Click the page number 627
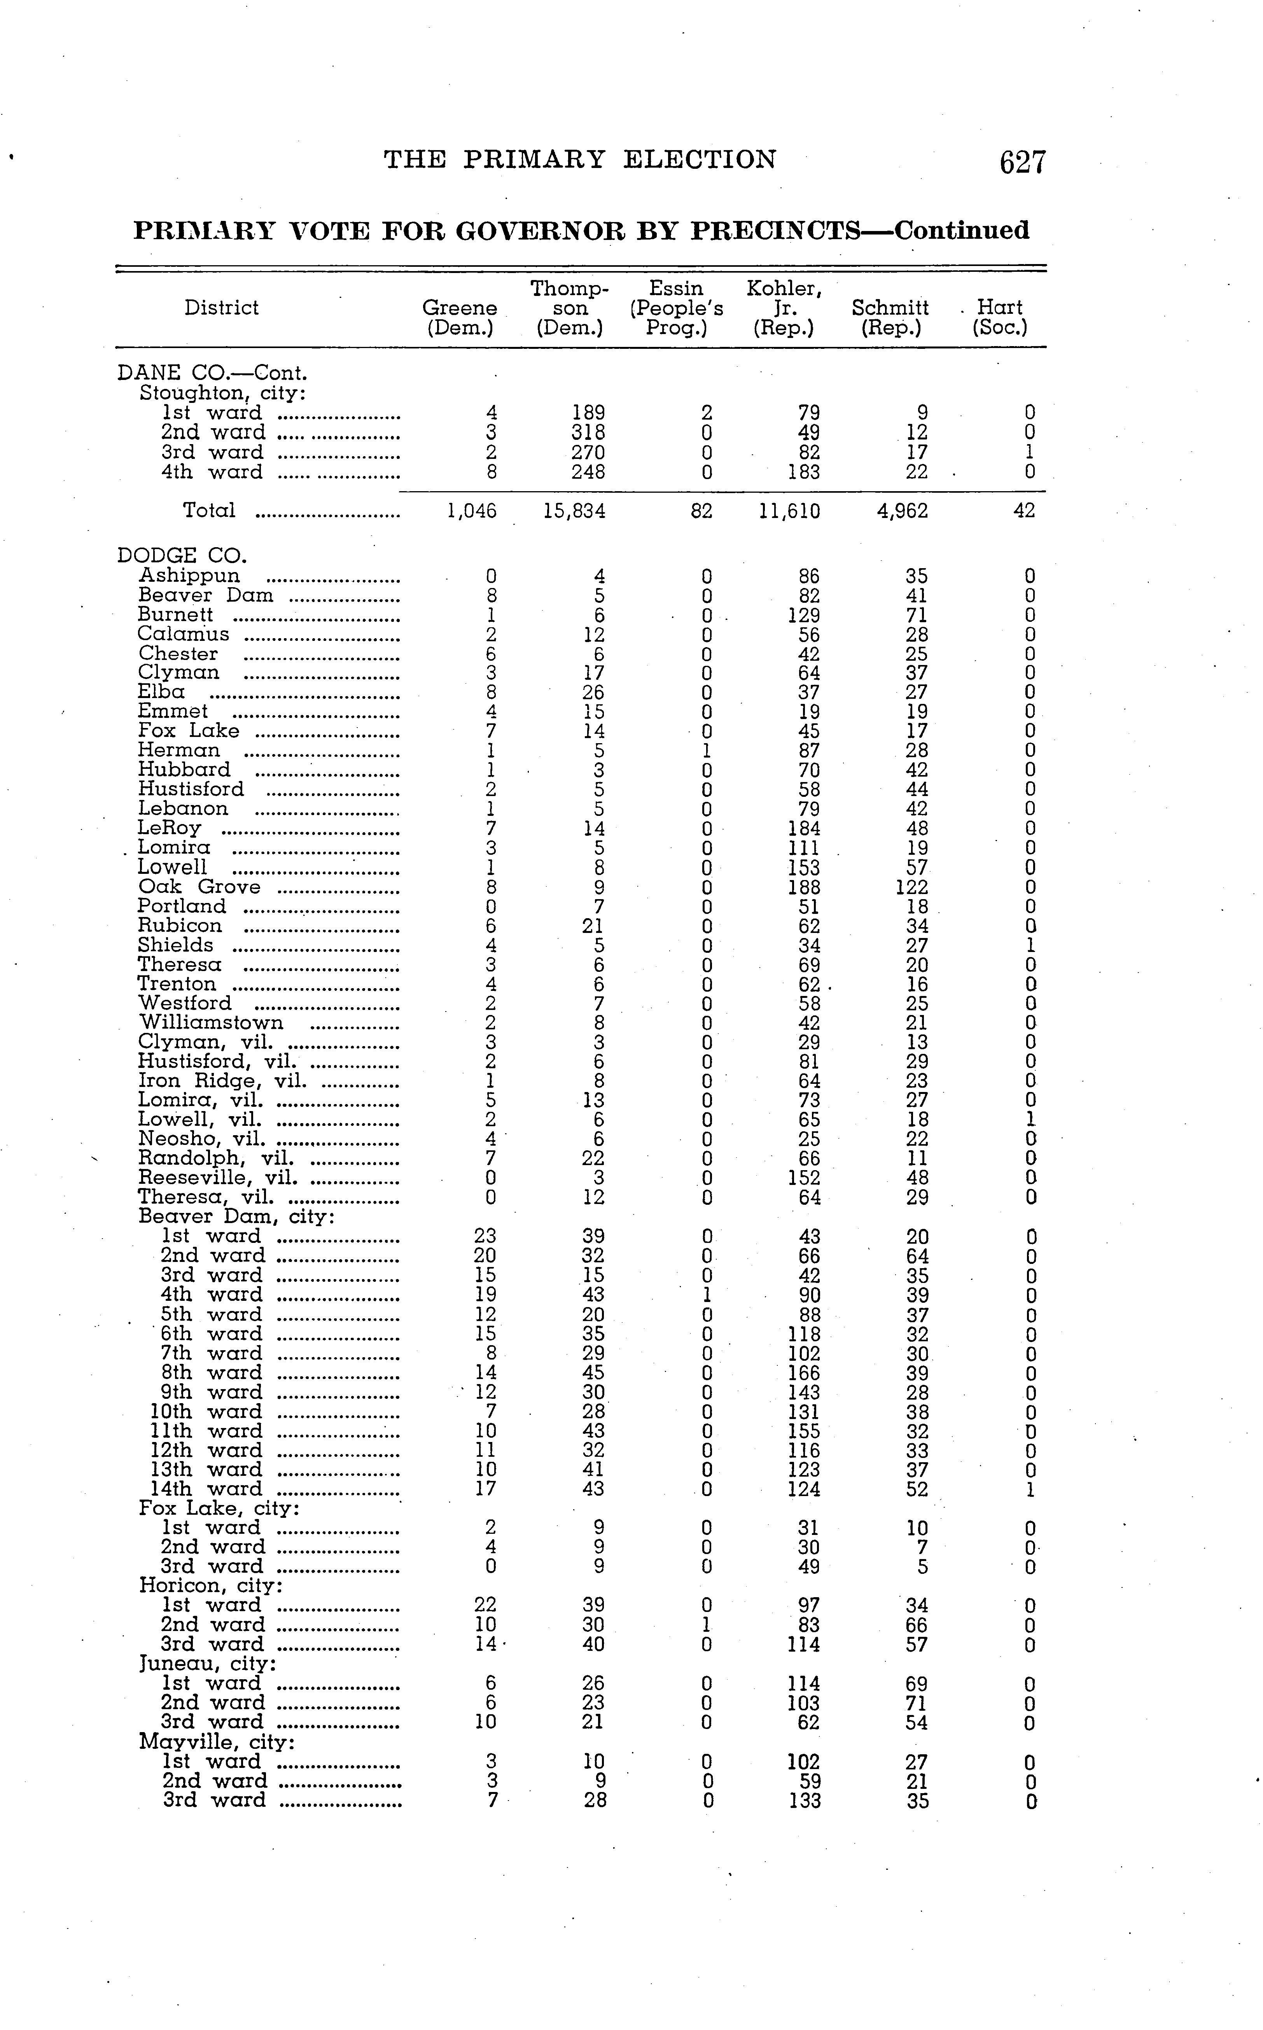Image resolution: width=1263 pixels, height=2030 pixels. point(1022,162)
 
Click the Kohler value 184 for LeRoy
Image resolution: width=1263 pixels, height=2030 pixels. point(804,829)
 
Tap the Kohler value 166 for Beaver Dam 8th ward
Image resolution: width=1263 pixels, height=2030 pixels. point(804,1372)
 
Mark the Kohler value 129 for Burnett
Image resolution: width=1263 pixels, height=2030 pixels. point(804,616)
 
